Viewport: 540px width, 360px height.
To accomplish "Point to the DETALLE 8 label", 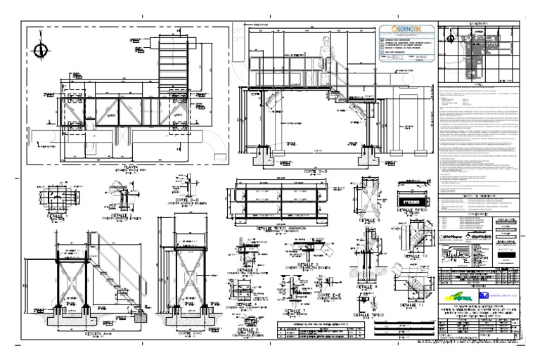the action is (369, 219).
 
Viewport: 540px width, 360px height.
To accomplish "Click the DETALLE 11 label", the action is (412, 304).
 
